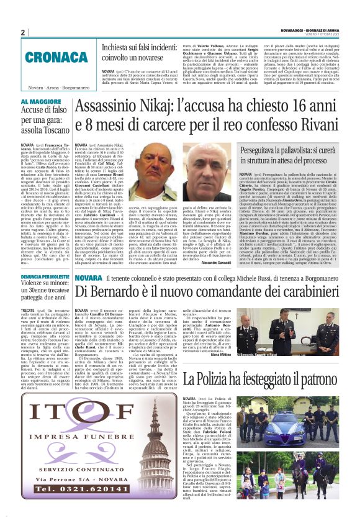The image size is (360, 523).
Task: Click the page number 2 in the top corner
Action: (x=23, y=32)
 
